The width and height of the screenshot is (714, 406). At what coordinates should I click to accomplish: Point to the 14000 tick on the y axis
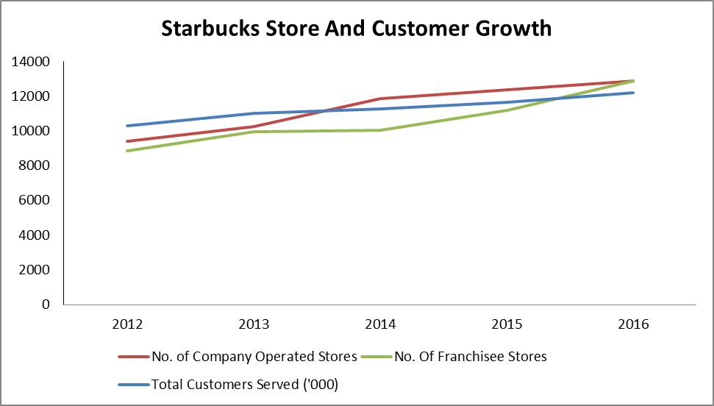coord(30,62)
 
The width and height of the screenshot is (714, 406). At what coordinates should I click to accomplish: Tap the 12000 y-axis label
coord(30,96)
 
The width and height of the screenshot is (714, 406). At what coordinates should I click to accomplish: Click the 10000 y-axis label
coord(30,131)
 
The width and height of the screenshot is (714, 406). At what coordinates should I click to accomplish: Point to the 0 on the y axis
coord(45,304)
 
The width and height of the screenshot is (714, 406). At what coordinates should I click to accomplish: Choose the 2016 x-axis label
coord(633,324)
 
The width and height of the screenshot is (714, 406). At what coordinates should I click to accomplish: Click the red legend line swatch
coord(133,357)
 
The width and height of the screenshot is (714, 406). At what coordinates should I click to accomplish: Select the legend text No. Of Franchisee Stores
coord(471,357)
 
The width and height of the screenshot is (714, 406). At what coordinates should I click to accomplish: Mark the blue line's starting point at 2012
coord(128,126)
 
